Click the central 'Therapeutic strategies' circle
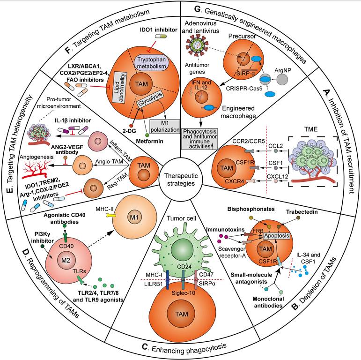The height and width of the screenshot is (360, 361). point(181,178)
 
